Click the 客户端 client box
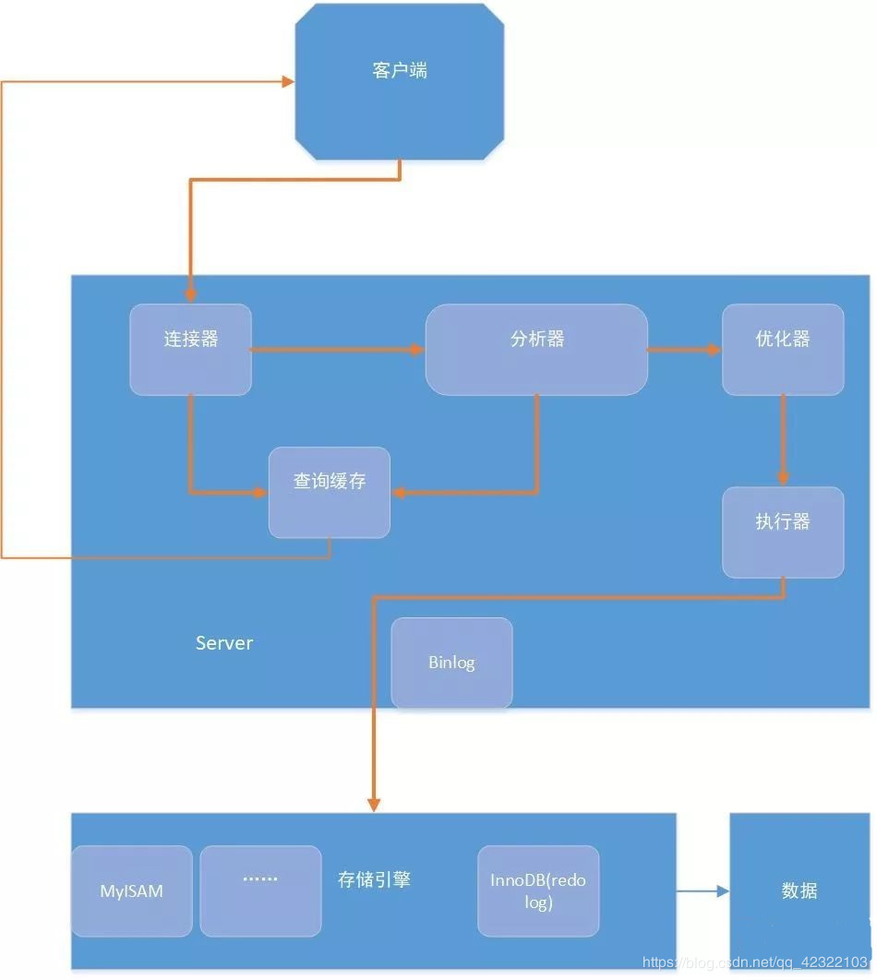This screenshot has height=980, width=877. point(400,81)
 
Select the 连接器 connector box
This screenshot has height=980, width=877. point(190,349)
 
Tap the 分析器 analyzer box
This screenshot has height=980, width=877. point(536,349)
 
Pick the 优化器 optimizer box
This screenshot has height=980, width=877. point(783,349)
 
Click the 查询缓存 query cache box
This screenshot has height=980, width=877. point(330,492)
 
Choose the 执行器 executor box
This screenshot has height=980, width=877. point(783,532)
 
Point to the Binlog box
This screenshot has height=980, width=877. point(451,663)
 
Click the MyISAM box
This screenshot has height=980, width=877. point(132,891)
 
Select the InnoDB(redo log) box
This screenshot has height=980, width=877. point(538,890)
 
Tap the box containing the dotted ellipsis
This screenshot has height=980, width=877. point(260,890)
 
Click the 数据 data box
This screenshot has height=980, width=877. point(799,890)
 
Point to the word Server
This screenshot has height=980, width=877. point(224,643)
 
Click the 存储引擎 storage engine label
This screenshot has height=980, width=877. point(374,879)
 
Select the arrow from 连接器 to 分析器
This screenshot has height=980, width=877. point(337,350)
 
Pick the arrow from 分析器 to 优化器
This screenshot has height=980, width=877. point(684,350)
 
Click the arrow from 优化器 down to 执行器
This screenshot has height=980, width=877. point(783,439)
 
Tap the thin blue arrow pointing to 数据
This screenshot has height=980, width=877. point(703,891)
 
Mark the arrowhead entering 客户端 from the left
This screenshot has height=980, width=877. point(287,82)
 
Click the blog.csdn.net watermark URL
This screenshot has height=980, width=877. point(757,962)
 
